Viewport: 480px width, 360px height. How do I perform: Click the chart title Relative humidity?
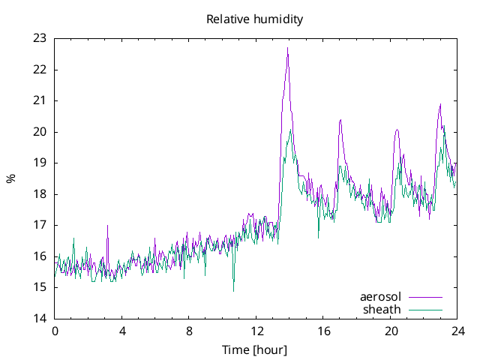(x=254, y=19)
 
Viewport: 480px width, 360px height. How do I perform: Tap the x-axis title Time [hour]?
(x=254, y=349)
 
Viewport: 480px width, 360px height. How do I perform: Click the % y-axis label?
(x=10, y=178)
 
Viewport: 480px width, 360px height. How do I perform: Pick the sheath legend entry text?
(x=382, y=309)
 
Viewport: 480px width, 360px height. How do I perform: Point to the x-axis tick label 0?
(x=54, y=331)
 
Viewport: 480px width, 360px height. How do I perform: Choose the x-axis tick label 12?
(x=256, y=331)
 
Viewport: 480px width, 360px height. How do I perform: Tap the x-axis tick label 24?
(x=458, y=331)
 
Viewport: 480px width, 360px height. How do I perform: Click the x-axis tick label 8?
(x=189, y=331)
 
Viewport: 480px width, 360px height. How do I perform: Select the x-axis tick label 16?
(x=323, y=331)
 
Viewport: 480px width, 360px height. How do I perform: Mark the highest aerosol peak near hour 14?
(x=287, y=48)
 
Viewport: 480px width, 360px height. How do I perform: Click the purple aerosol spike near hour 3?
(x=107, y=226)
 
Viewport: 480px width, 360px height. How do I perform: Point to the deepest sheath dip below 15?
(x=233, y=290)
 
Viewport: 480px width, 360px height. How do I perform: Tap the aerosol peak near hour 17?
(x=340, y=119)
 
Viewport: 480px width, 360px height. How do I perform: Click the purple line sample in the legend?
(x=424, y=297)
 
